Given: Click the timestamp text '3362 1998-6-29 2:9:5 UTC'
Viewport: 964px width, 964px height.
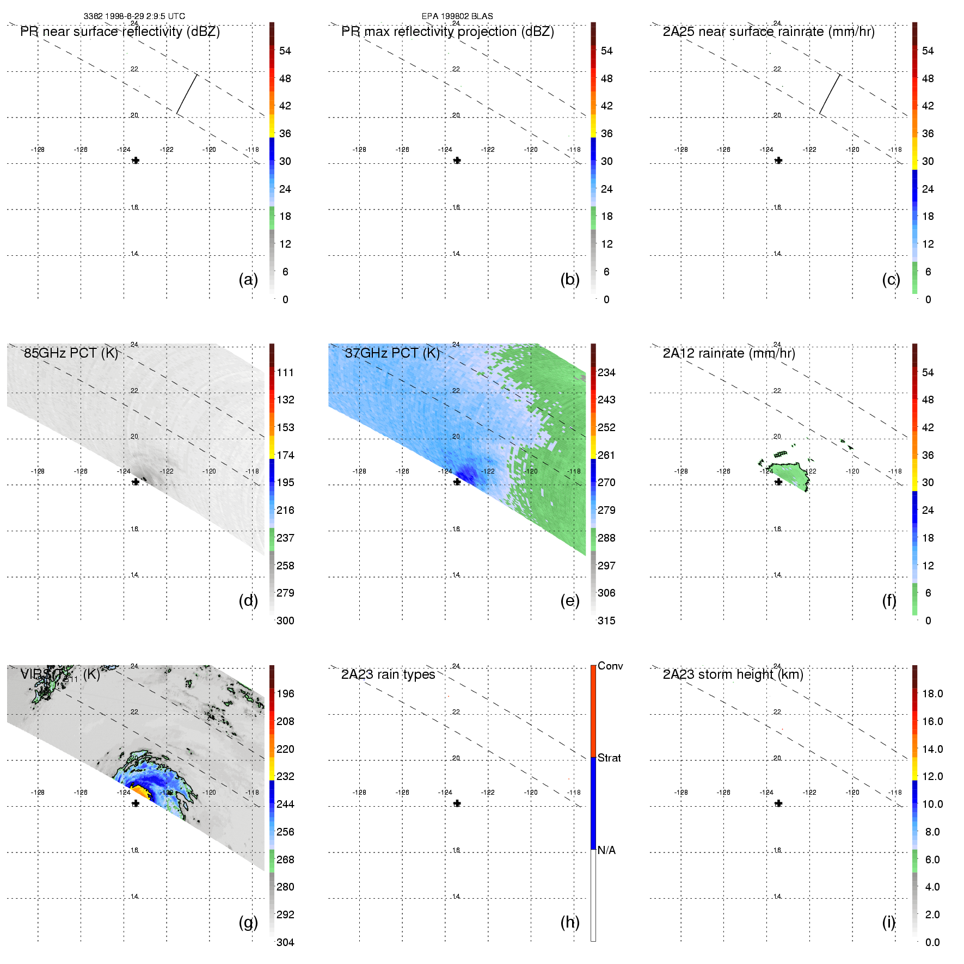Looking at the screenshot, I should click(x=134, y=16).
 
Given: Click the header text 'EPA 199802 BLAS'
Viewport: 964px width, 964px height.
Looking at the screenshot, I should click(x=457, y=16).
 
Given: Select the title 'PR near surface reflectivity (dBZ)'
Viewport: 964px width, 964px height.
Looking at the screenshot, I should click(x=120, y=32).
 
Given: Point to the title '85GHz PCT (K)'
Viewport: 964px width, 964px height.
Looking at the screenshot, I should click(x=71, y=353).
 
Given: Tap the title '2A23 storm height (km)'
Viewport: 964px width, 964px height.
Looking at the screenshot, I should click(x=733, y=674).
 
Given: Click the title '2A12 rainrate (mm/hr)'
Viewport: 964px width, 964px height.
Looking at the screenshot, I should click(x=729, y=353).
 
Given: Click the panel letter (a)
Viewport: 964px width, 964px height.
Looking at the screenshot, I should click(x=248, y=279).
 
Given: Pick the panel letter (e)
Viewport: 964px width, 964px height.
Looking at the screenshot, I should click(x=570, y=600).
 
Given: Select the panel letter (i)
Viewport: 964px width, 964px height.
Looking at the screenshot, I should click(x=889, y=922).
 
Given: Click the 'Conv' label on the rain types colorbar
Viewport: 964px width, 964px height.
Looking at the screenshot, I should click(x=610, y=666).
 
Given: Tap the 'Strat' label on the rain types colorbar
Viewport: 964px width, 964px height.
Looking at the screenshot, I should click(x=609, y=758).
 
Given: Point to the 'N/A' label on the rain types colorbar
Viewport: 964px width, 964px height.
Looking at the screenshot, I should click(x=606, y=850).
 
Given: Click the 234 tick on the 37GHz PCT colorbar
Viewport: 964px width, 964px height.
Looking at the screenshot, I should click(x=606, y=372).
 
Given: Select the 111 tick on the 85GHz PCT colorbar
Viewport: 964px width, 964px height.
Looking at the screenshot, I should click(x=285, y=372).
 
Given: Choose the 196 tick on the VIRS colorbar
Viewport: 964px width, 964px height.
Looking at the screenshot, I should click(x=285, y=693).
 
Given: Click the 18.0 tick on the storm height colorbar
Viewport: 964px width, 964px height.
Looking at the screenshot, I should click(x=932, y=693).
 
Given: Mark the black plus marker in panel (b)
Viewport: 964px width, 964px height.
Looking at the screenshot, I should click(x=457, y=161).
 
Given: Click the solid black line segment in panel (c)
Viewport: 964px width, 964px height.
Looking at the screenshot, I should click(x=830, y=94).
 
